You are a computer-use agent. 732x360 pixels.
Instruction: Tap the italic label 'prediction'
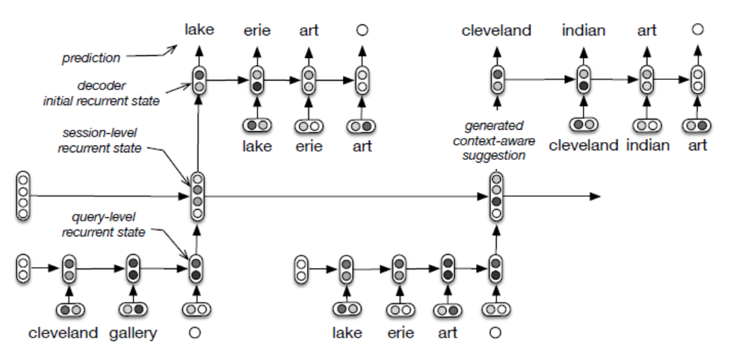click(x=91, y=58)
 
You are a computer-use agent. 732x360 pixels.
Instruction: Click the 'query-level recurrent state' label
click(x=104, y=226)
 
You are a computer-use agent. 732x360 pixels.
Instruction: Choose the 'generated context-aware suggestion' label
click(x=493, y=141)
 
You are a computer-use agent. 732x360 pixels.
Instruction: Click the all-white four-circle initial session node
click(x=23, y=196)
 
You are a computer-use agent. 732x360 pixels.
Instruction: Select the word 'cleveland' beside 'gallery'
click(x=64, y=333)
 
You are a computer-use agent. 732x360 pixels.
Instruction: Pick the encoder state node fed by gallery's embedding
click(x=133, y=268)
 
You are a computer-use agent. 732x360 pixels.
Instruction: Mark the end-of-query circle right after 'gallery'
click(x=195, y=333)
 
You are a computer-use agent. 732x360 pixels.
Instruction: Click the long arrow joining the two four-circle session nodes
click(x=342, y=197)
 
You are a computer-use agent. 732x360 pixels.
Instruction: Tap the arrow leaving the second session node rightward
click(x=554, y=197)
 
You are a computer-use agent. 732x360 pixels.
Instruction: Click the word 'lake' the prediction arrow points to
click(x=199, y=29)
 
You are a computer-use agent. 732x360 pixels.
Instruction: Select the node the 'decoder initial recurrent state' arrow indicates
click(x=199, y=81)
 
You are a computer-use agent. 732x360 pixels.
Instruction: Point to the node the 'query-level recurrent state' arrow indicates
click(x=196, y=268)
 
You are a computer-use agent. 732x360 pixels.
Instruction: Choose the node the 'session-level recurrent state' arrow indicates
click(x=198, y=196)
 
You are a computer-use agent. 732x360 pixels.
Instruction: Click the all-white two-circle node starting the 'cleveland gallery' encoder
click(x=23, y=268)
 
